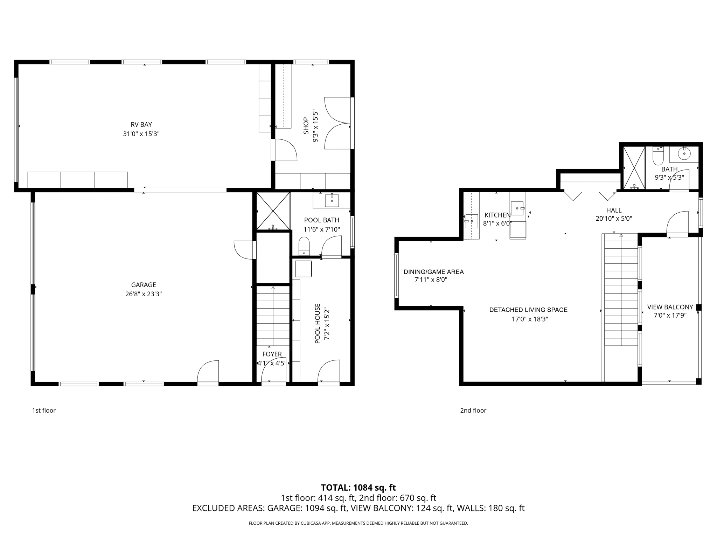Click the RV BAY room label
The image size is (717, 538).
tap(141, 125)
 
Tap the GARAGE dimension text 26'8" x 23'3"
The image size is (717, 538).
tap(144, 294)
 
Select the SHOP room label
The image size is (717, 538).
tap(306, 126)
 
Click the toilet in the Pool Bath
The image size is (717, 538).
tap(304, 246)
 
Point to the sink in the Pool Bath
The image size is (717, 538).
tap(332, 201)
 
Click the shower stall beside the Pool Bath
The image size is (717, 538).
tap(273, 211)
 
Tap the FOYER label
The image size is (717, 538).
tap(272, 354)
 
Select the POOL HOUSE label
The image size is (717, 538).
tap(318, 324)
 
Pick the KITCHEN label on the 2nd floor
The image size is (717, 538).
tap(497, 215)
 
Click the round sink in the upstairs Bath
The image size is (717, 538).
tap(684, 153)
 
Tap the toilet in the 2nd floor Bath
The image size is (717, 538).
tap(658, 156)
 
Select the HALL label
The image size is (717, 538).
tap(614, 210)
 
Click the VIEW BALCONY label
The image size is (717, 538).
tap(670, 307)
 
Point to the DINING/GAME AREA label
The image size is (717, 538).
tap(434, 272)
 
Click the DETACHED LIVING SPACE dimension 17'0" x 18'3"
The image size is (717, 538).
tap(530, 319)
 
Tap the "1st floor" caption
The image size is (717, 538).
tap(44, 411)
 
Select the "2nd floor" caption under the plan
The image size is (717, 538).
tap(473, 411)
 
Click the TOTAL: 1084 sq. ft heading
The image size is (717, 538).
tap(358, 488)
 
